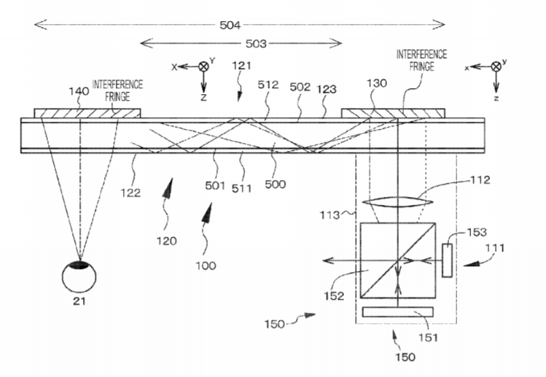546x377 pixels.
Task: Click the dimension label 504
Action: pyautogui.click(x=230, y=25)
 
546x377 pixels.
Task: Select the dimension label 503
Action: pyautogui.click(x=256, y=44)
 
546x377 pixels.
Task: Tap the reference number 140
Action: pyautogui.click(x=79, y=91)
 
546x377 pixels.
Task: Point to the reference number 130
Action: pyautogui.click(x=377, y=83)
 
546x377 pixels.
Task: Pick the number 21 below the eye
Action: pyautogui.click(x=79, y=301)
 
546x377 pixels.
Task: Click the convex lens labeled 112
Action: pyautogui.click(x=397, y=202)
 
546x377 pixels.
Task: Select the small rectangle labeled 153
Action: pyautogui.click(x=447, y=260)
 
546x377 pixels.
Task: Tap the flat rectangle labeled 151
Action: pyautogui.click(x=398, y=312)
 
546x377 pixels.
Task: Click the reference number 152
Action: pyautogui.click(x=334, y=296)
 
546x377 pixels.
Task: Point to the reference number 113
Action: pyautogui.click(x=329, y=215)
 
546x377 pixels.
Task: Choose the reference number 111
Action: pyautogui.click(x=495, y=248)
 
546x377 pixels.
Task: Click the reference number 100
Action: pyautogui.click(x=206, y=265)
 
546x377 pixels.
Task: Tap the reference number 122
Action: pyautogui.click(x=130, y=193)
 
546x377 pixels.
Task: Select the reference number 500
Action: pyautogui.click(x=275, y=184)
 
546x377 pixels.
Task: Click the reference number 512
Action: pyautogui.click(x=268, y=85)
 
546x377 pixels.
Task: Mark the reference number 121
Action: pyautogui.click(x=242, y=66)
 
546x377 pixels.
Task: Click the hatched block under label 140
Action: pyautogui.click(x=87, y=113)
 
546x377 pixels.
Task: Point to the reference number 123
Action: pyautogui.click(x=327, y=89)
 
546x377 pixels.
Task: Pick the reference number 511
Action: pyautogui.click(x=242, y=188)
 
